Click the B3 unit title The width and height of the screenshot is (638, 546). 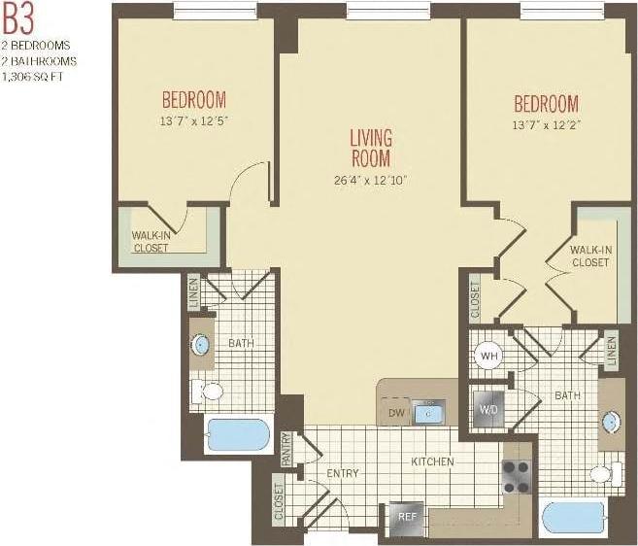coord(18,19)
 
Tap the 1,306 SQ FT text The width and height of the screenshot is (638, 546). coord(33,75)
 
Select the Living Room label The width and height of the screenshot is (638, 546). coord(370,148)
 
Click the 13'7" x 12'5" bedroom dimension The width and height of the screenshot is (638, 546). coord(193,121)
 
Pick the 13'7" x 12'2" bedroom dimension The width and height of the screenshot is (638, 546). coord(545,124)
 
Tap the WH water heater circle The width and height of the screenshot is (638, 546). coord(488,356)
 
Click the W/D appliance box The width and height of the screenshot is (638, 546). coord(487,407)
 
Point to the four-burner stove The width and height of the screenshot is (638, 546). coord(516,476)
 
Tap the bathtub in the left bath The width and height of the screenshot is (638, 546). coord(237,435)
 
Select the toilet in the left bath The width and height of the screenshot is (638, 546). coord(208,392)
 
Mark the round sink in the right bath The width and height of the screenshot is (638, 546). coord(611,422)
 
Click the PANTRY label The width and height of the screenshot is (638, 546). coord(287,449)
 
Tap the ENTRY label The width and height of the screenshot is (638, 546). coord(343,473)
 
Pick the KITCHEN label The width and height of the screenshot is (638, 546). coord(431,461)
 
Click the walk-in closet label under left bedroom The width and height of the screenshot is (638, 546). coord(151,241)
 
